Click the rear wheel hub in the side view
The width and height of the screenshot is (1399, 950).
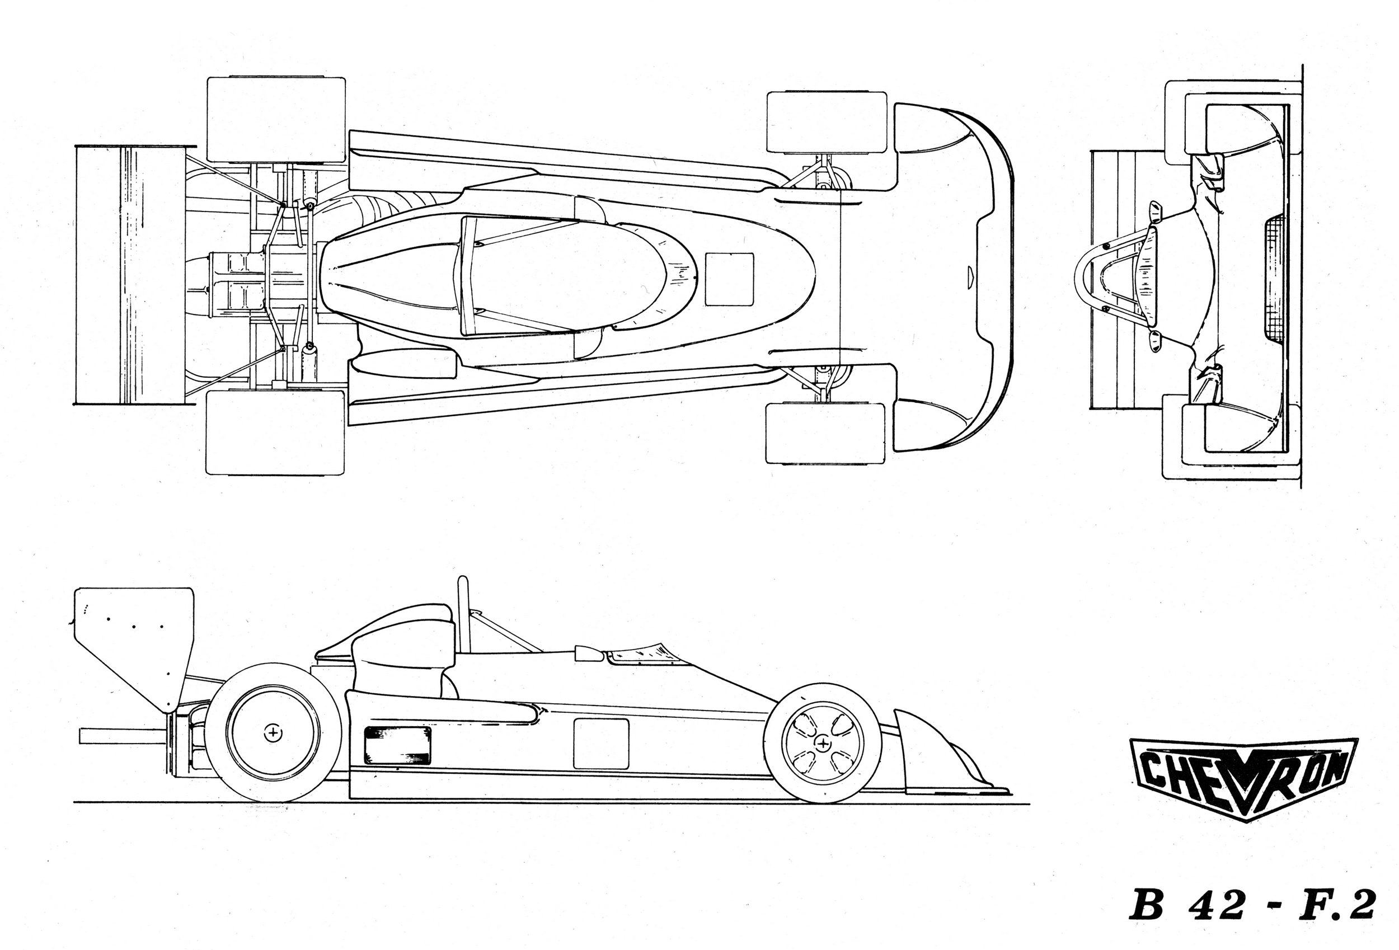pos(274,733)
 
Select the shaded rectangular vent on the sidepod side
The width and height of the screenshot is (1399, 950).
pos(398,745)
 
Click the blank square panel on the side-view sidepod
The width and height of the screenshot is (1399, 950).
pos(601,744)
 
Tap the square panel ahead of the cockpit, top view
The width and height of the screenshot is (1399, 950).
pos(729,279)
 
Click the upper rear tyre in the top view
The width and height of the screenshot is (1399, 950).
pos(276,119)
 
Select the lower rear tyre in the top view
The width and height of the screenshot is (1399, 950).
pos(275,432)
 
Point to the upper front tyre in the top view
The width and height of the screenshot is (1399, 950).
pos(827,121)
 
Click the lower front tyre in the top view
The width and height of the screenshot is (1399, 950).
pos(825,434)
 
